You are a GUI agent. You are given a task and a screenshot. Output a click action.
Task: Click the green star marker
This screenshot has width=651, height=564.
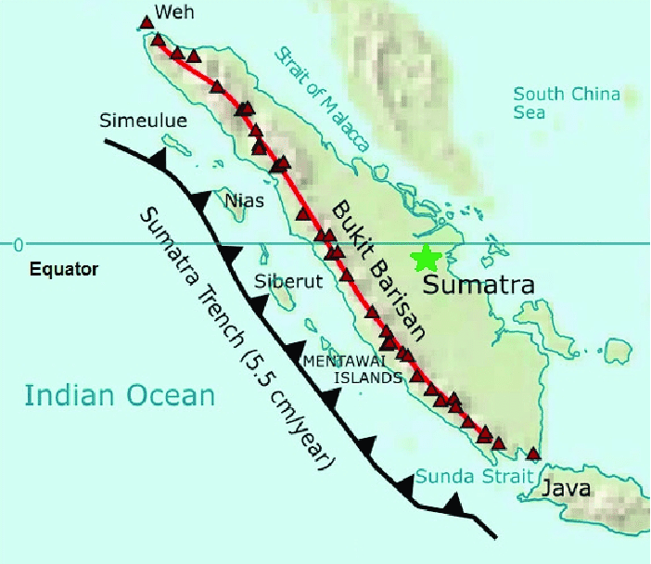tap(427, 257)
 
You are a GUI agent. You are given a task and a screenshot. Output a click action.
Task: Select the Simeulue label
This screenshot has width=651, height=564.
tap(145, 121)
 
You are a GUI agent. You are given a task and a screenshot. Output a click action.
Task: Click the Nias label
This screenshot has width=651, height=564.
tap(245, 200)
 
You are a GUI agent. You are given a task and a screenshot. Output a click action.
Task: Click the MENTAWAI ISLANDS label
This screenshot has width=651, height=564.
tap(353, 368)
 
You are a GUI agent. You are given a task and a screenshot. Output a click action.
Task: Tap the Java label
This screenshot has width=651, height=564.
tap(566, 488)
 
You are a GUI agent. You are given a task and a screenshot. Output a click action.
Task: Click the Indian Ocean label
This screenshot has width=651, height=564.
tap(120, 396)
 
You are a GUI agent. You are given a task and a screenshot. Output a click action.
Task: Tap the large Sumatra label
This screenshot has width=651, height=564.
tap(479, 285)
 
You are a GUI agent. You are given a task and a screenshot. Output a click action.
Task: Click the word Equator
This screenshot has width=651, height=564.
tap(63, 271)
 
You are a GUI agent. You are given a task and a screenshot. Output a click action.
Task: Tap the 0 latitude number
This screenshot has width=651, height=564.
tap(16, 244)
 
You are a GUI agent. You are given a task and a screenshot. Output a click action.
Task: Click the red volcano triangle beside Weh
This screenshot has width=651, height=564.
tap(146, 22)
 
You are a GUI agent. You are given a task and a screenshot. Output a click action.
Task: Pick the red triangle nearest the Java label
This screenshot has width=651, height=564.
tap(533, 455)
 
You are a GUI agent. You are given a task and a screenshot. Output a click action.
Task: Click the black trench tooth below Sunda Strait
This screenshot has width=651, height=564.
tap(454, 503)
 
